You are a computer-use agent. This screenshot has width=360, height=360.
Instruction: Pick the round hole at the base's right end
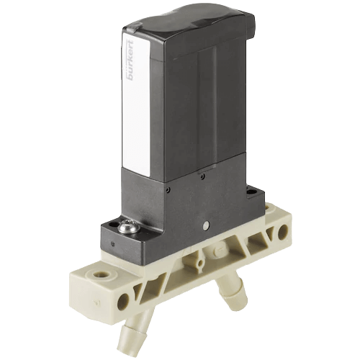283,231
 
